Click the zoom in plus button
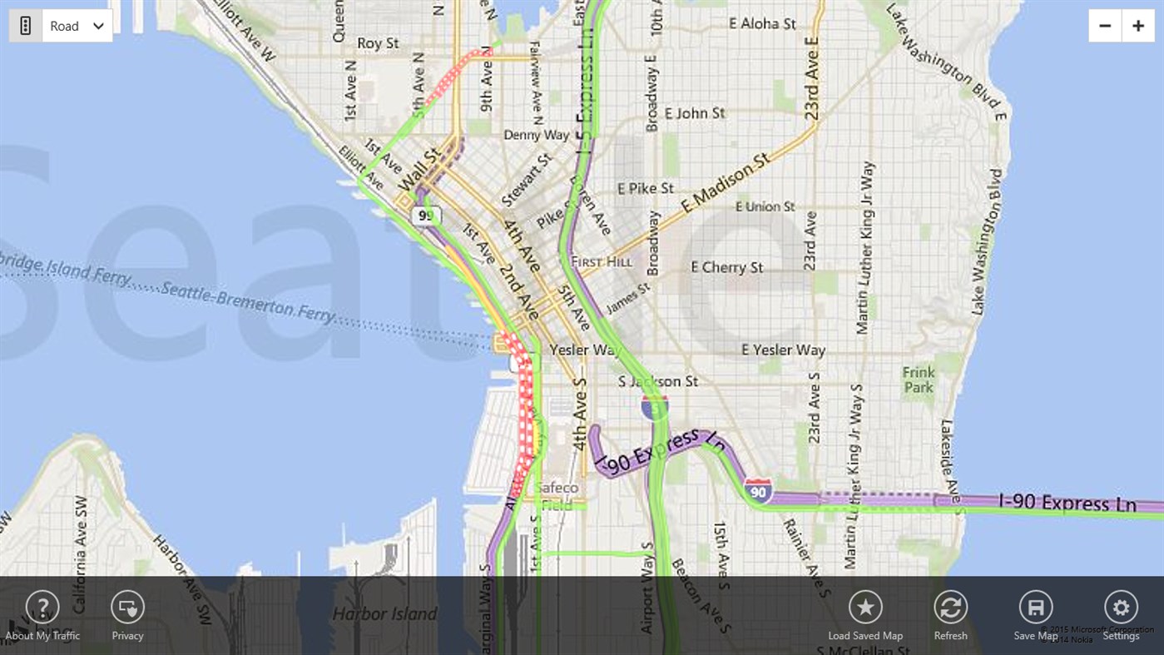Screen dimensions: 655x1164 pos(1137,26)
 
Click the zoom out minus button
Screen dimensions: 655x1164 pos(1105,26)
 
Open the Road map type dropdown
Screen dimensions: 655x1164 pos(77,26)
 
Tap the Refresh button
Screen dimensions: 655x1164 pos(950,608)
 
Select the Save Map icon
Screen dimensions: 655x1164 pos(1036,608)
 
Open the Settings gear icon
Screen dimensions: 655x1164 pos(1121,608)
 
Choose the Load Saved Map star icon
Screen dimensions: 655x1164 pos(865,608)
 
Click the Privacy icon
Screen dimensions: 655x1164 pos(127,608)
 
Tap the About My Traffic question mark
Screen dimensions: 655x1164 pos(42,608)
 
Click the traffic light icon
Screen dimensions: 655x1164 pos(25,26)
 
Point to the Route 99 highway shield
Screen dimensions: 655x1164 pos(425,216)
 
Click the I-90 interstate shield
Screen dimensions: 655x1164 pos(757,490)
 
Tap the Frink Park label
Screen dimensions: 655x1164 pos(919,380)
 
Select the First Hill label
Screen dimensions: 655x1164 pos(602,261)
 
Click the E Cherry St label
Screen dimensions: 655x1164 pos(726,267)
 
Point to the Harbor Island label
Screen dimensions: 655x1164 pos(384,614)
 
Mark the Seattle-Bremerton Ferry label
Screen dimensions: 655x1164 pos(248,301)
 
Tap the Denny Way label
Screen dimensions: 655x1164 pos(537,134)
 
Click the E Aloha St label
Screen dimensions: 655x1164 pos(762,23)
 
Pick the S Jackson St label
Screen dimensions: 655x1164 pos(658,381)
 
